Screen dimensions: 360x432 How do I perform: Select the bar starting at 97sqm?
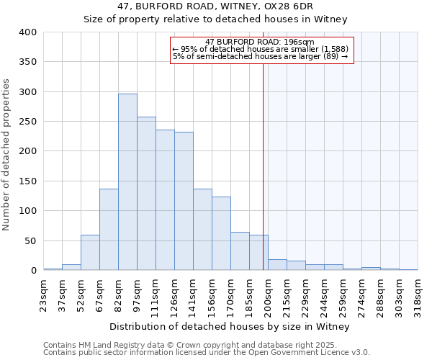coord(146,194)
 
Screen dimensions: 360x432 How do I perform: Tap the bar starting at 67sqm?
coord(109,230)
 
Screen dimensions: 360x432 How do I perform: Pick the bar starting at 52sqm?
coord(90,253)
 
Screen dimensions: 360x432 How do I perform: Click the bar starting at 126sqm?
coord(184,201)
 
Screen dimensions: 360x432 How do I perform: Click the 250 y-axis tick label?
coord(28,122)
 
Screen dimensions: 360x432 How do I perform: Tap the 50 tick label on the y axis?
coord(31,240)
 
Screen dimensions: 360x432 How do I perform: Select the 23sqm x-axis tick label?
coord(48,294)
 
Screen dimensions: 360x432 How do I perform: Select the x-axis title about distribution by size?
coord(230,327)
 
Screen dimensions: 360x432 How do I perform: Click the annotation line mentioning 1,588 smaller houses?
coord(261,49)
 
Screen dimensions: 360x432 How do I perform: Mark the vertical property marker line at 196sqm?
coord(263,166)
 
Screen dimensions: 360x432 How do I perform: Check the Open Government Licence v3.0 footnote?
coord(207,353)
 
